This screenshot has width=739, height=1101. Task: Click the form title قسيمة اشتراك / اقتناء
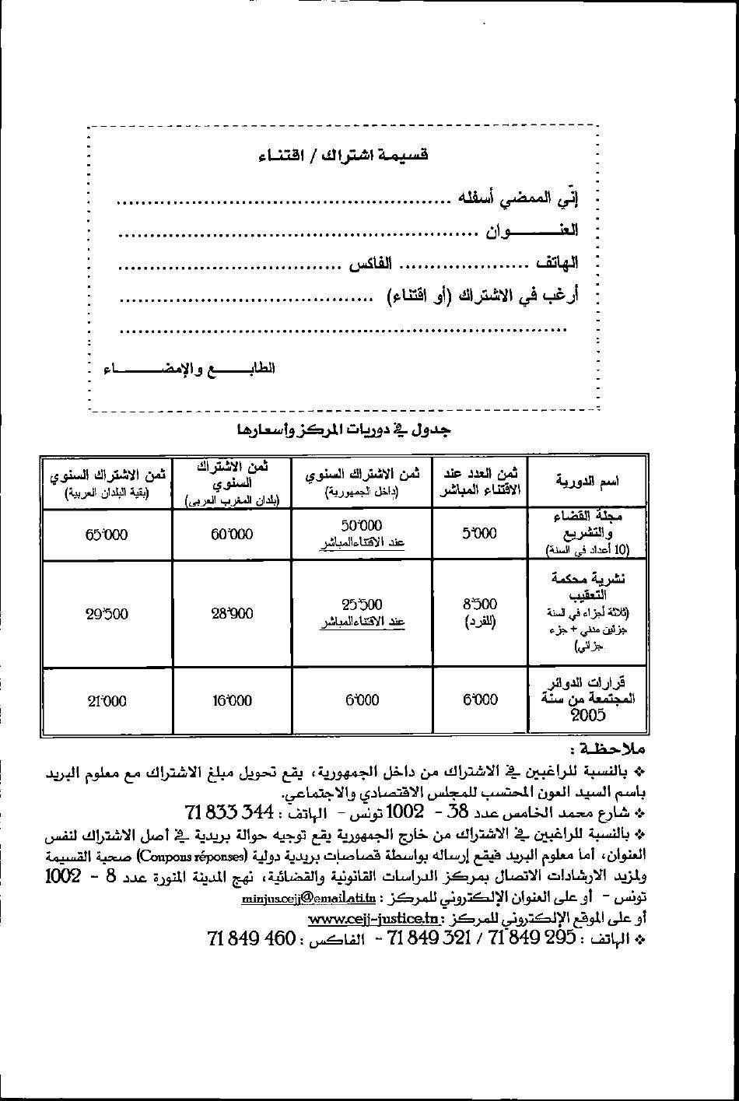tap(343, 156)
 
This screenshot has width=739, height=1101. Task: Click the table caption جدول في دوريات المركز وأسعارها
tap(343, 430)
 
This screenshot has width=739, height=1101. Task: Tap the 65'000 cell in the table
tap(107, 535)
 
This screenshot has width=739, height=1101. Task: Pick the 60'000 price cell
tap(232, 535)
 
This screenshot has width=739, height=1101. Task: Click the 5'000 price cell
tap(479, 534)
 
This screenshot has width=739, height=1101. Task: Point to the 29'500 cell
tap(107, 614)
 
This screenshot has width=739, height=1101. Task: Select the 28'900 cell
tap(232, 613)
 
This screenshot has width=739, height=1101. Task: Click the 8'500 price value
tap(479, 604)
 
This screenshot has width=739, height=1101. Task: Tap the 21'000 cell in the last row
tap(107, 701)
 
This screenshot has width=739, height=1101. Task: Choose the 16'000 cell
tap(232, 700)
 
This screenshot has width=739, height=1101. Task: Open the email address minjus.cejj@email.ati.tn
tap(309, 898)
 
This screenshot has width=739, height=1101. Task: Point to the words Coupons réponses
tap(192, 857)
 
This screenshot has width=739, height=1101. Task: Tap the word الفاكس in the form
tap(369, 264)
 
